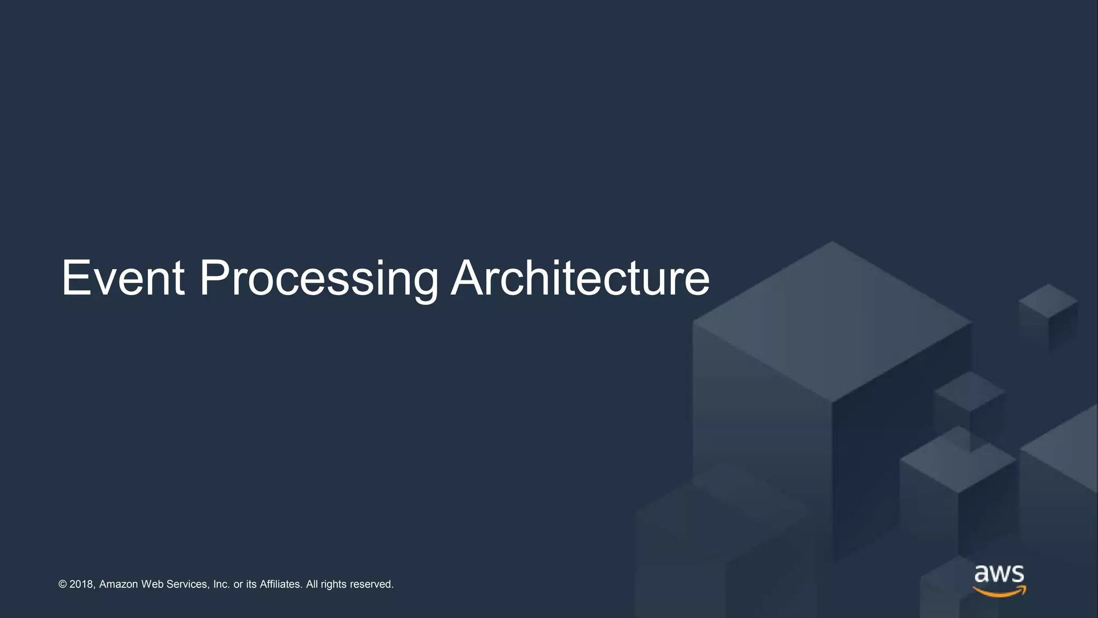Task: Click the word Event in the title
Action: (123, 278)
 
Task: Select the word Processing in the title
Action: (318, 279)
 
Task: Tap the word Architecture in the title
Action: (580, 278)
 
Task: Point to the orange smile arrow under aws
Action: (999, 592)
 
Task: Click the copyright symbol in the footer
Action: (62, 584)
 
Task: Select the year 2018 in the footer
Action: (81, 584)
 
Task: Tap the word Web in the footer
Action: (152, 584)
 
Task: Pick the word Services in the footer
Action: (187, 584)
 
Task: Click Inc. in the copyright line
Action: (221, 584)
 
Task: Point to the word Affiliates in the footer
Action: (281, 584)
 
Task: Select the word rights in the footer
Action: (333, 585)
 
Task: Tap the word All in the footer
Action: (311, 584)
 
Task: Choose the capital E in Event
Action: (75, 278)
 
